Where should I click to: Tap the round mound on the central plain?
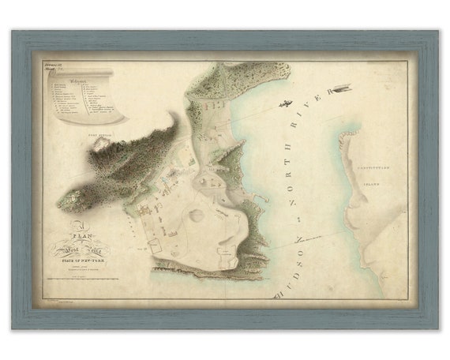point(195,215)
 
